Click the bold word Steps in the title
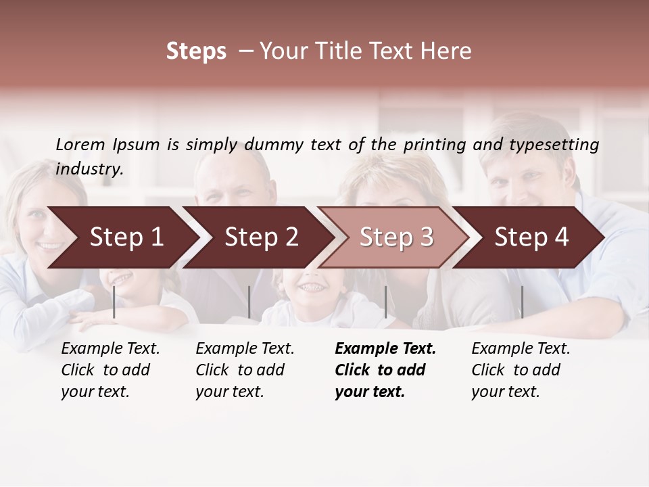[196, 51]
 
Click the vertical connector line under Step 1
[114, 302]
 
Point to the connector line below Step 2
[249, 302]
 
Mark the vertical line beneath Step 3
[385, 302]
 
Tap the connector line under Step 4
[522, 302]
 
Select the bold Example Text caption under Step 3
[385, 370]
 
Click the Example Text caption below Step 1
[110, 370]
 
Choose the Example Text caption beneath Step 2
[245, 370]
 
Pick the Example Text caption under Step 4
[521, 370]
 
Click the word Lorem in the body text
[80, 145]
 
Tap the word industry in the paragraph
[89, 169]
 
